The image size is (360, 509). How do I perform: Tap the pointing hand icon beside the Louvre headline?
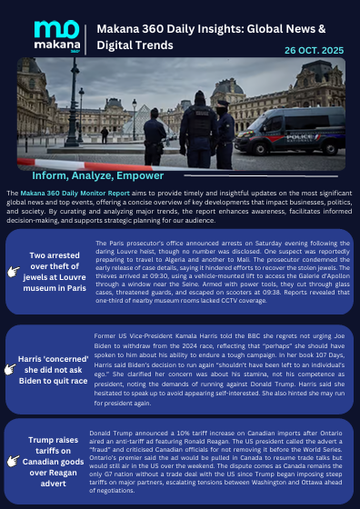click(13, 271)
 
